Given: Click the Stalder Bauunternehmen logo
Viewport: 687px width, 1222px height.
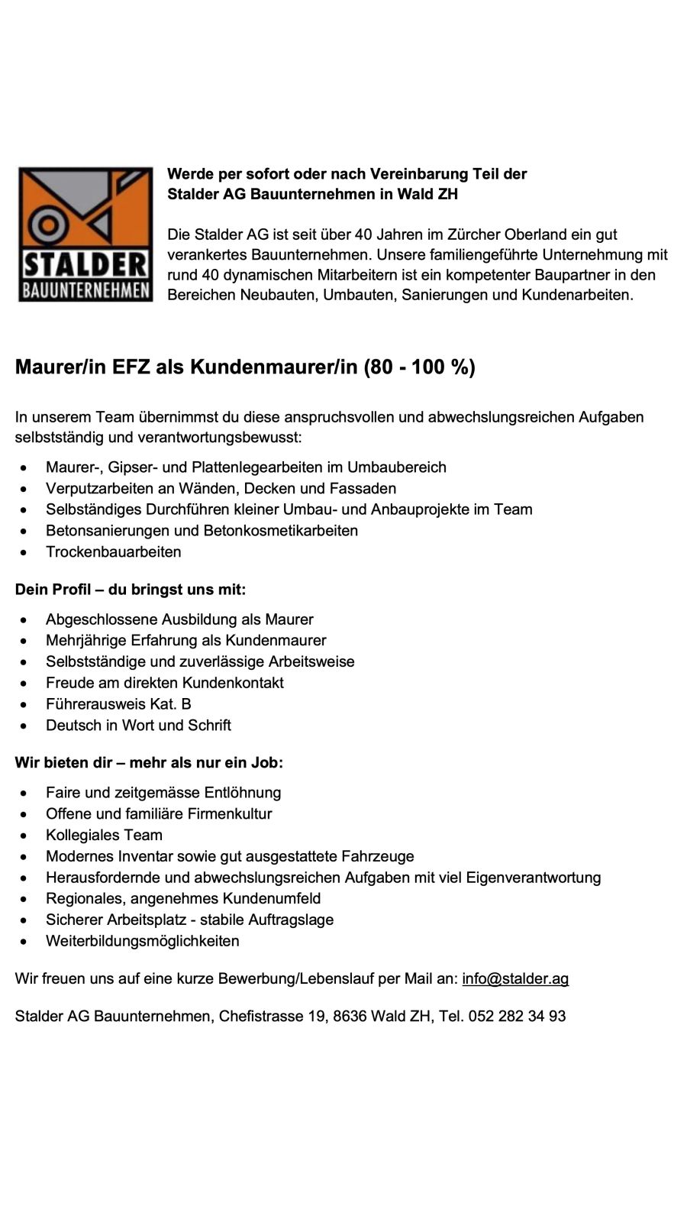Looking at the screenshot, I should (x=85, y=234).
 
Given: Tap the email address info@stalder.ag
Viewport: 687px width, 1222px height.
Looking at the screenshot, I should (x=515, y=978).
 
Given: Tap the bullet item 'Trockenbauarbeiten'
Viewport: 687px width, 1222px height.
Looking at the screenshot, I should (x=113, y=551).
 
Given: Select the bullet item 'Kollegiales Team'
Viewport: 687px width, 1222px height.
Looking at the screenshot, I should (x=104, y=835).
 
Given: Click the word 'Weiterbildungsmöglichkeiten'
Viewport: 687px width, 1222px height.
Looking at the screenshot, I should (x=142, y=941).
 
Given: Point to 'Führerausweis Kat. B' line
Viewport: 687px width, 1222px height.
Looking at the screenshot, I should (x=118, y=703).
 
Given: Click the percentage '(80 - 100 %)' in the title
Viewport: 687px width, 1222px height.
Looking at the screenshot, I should (x=420, y=367).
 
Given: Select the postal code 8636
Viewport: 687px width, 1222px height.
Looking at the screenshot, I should (x=350, y=1016).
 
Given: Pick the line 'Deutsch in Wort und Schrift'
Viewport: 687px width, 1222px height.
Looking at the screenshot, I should (x=138, y=725).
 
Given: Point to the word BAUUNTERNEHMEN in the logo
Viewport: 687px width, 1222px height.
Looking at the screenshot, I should (x=85, y=290).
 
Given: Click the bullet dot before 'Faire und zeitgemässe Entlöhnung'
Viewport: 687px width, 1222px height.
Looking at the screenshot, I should (x=27, y=794).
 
